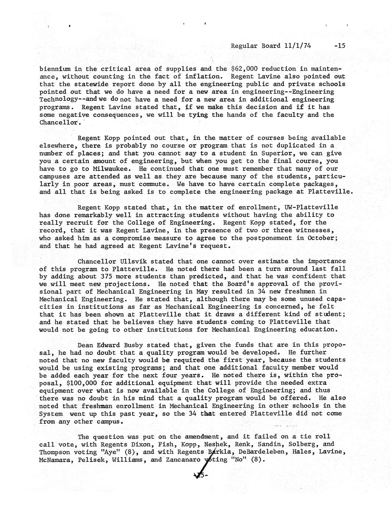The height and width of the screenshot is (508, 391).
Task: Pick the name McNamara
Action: (54, 459)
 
